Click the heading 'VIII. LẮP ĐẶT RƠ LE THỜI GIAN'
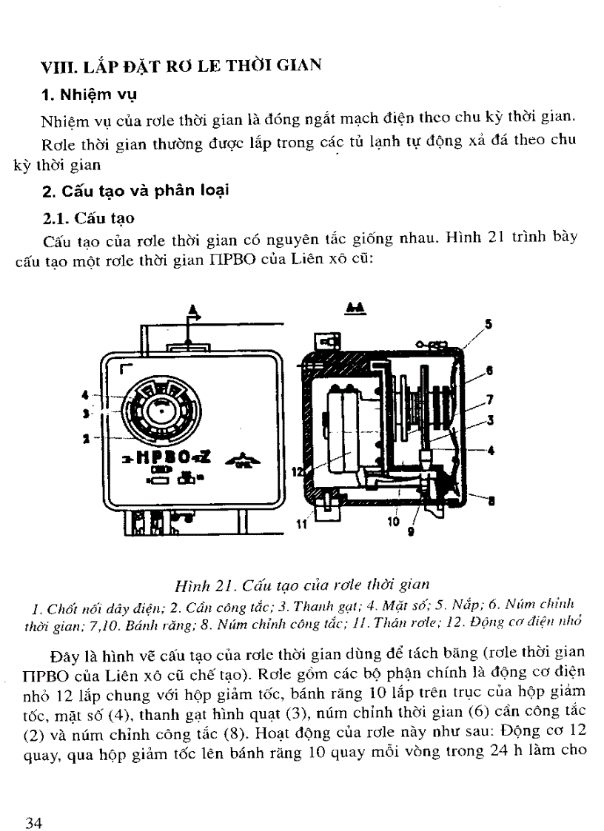point(181,65)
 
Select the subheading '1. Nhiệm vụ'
point(89,95)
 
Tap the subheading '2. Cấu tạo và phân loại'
point(135,191)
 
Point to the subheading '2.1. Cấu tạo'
point(89,218)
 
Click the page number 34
point(34,804)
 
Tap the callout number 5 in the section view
point(487,323)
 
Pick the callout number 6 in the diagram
point(489,370)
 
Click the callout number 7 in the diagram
point(489,400)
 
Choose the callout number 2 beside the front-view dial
point(86,438)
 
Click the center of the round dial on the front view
point(158,408)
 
